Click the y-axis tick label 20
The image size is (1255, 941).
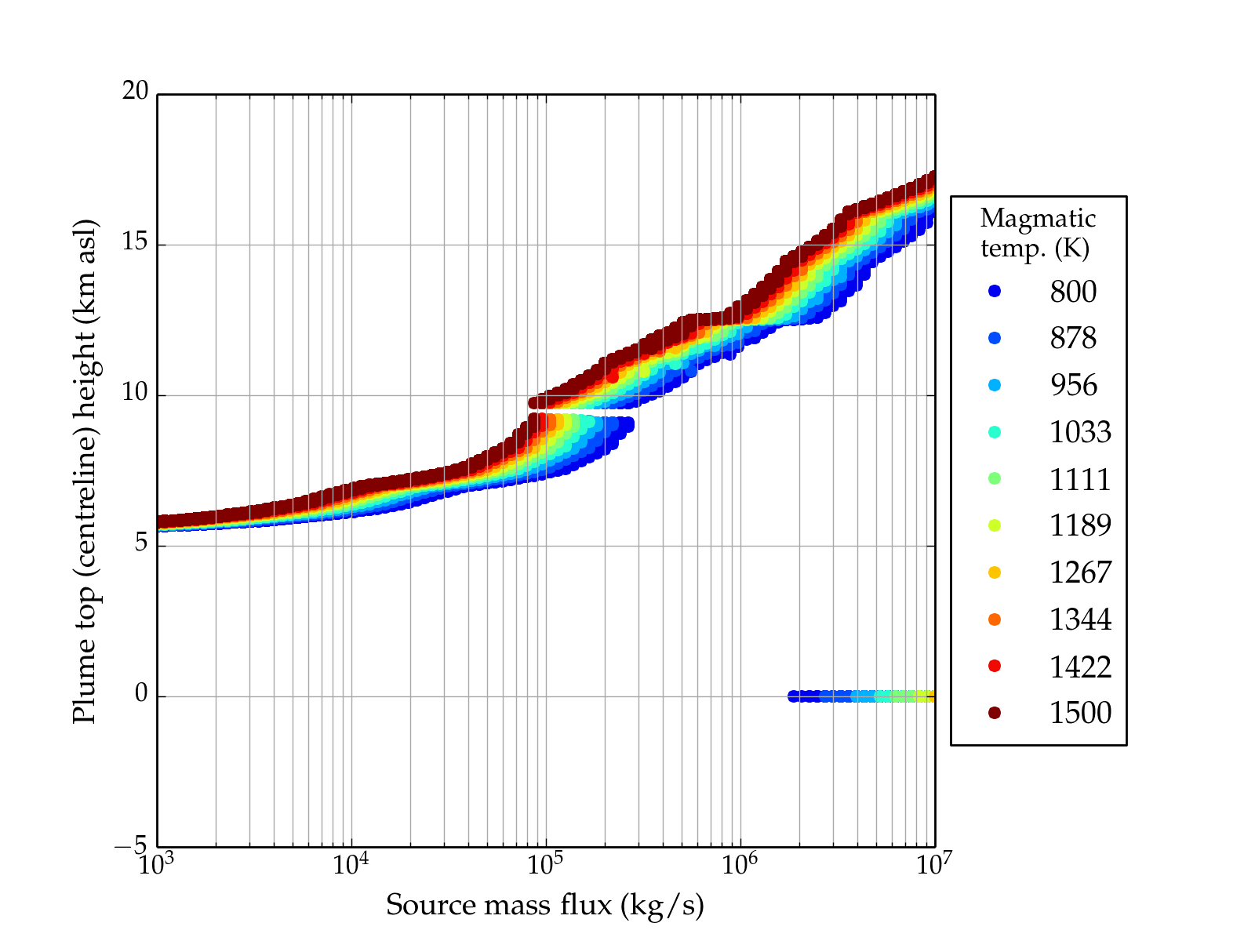pos(135,92)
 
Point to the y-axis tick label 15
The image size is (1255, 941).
pos(135,242)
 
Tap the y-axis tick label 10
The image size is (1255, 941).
pos(135,393)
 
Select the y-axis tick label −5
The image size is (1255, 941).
pos(130,845)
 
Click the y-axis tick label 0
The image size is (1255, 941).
pos(141,694)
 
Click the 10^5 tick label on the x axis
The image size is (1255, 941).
pos(544,863)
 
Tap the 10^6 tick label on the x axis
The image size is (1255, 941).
pos(739,863)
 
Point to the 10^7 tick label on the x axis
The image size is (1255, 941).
pos(933,863)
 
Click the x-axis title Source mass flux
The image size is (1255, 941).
pos(545,905)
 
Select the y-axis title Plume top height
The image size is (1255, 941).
pos(84,470)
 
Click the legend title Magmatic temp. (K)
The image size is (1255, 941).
pos(1038,233)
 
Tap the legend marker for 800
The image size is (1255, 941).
pos(995,291)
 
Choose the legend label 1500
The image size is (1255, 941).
pos(1080,713)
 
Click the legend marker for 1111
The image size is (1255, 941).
pos(995,478)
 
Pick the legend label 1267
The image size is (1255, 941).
pos(1080,572)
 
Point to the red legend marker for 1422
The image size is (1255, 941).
pos(995,666)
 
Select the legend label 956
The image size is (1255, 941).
pos(1073,385)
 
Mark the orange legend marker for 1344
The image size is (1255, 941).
pos(995,619)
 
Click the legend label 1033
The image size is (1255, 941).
pos(1080,432)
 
